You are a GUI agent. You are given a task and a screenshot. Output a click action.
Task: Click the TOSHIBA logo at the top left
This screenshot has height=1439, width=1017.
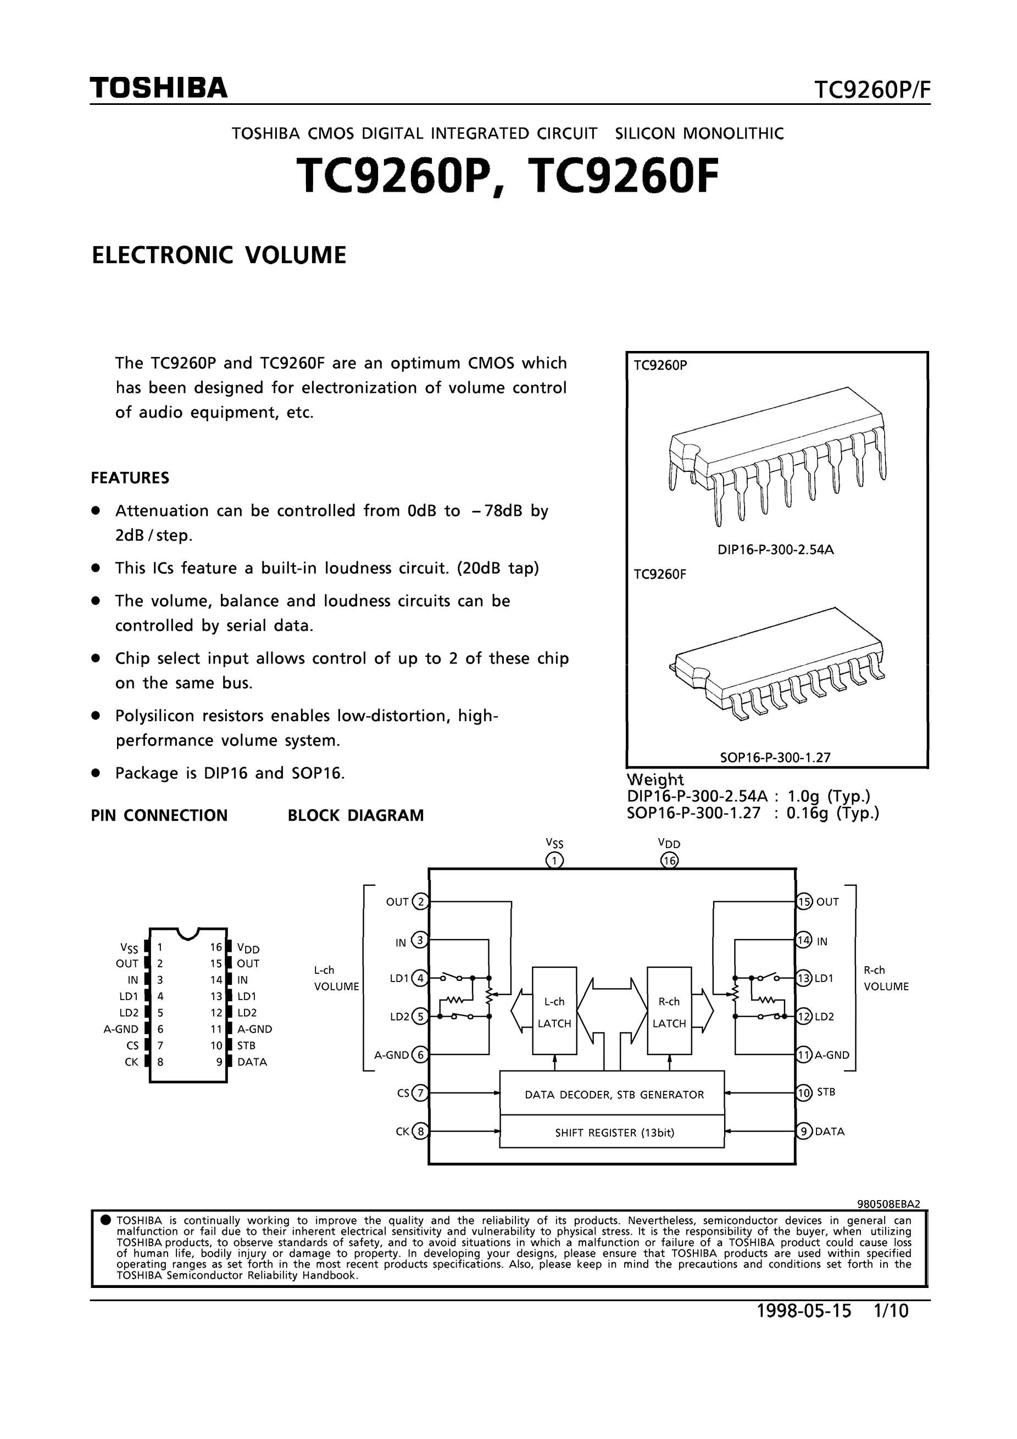click(x=159, y=88)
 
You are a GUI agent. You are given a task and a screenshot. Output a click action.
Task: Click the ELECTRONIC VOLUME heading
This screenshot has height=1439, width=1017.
click(x=219, y=256)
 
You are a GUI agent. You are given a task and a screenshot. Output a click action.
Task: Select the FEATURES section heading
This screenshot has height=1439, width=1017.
click(x=130, y=478)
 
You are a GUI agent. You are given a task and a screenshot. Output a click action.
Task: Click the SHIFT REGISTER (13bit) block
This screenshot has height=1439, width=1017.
click(x=612, y=1133)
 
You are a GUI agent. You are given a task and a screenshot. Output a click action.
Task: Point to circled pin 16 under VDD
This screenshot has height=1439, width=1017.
click(x=670, y=861)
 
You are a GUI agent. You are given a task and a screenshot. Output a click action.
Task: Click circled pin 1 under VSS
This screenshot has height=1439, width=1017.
click(x=555, y=861)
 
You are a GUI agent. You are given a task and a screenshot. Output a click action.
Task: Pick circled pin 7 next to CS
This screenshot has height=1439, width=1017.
click(x=421, y=1094)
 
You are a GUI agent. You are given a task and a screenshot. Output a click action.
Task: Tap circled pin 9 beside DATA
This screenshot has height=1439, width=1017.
click(x=804, y=1131)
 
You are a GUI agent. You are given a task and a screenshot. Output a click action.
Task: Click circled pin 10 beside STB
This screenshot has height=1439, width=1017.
click(x=804, y=1094)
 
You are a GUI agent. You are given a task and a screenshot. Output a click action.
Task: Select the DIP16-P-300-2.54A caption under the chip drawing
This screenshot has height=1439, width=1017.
click(x=776, y=550)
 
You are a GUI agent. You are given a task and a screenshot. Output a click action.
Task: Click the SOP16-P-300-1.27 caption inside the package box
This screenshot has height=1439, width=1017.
click(x=775, y=757)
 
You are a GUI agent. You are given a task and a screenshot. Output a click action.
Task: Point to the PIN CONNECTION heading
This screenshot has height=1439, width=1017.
click(x=159, y=816)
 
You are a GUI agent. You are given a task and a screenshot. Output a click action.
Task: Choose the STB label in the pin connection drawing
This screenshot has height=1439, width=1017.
click(x=246, y=1045)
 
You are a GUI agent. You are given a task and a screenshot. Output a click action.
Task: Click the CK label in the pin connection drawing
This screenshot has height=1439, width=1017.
click(x=132, y=1062)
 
